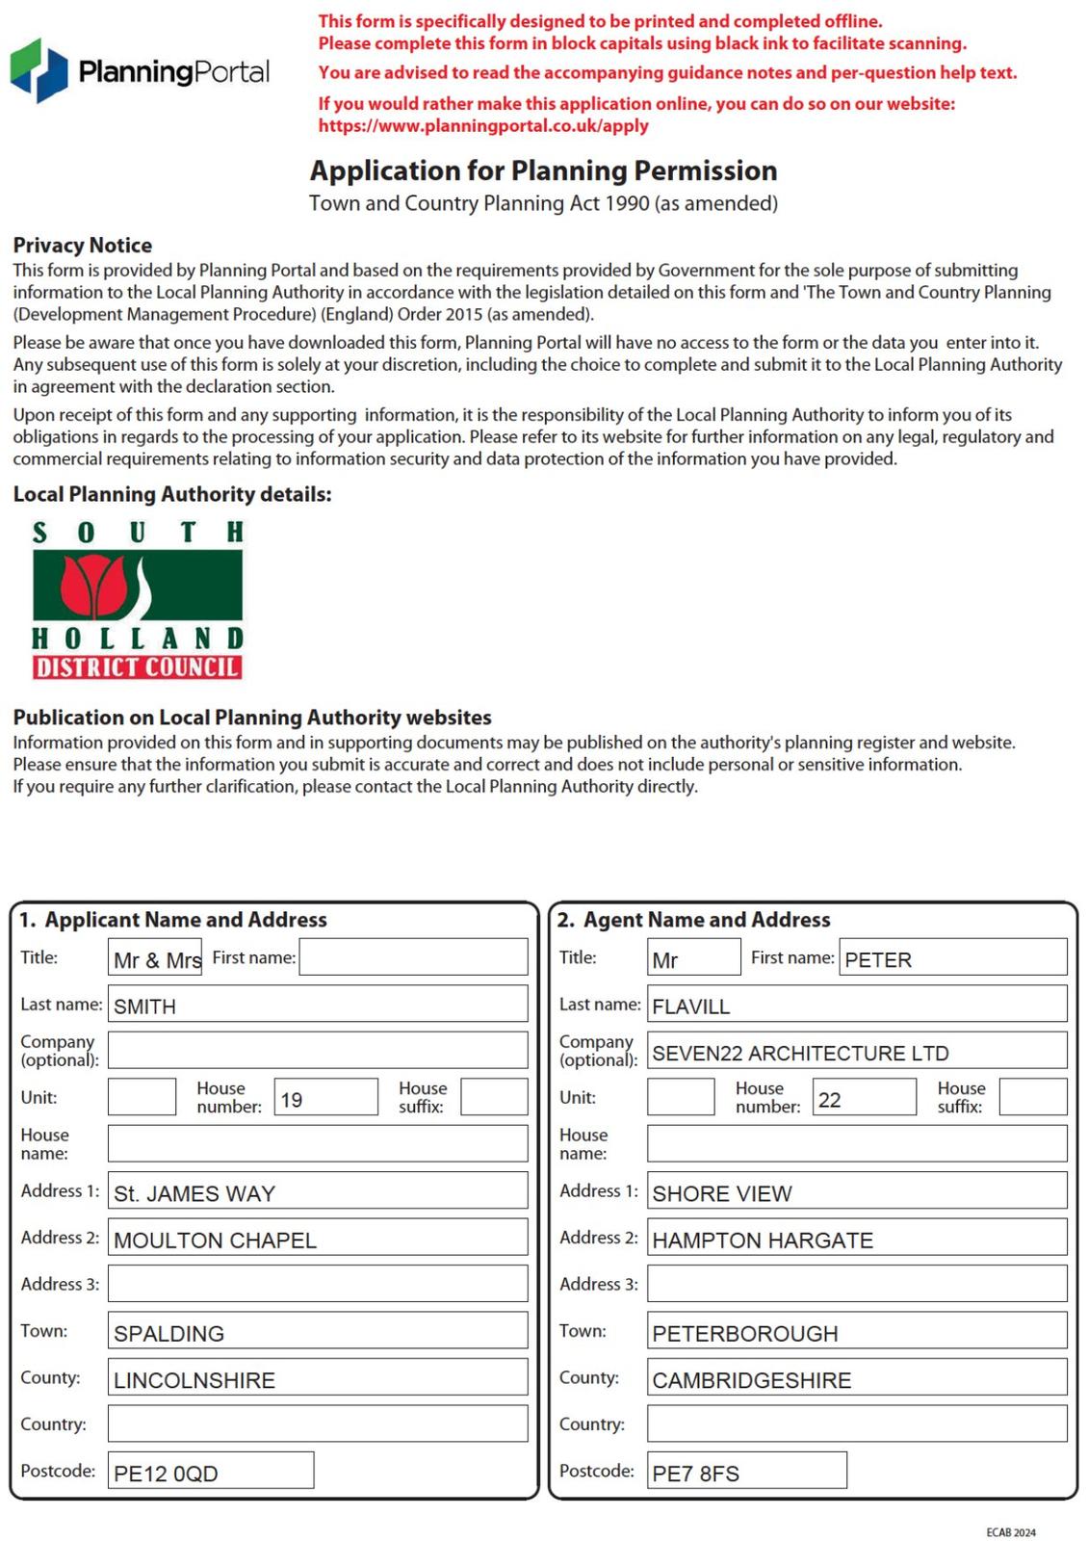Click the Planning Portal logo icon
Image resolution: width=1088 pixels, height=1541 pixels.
pos(39,70)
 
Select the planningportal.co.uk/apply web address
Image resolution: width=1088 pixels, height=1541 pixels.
pos(483,125)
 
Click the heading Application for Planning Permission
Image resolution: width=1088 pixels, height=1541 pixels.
pos(543,170)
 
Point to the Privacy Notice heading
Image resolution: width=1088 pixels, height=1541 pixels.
pos(82,245)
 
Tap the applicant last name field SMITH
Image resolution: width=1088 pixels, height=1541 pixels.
pos(318,1005)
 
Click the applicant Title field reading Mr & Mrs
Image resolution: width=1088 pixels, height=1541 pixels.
pos(155,958)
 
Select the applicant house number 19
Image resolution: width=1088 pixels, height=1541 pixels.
pos(325,1098)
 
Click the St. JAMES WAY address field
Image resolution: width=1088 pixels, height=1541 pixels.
pos(318,1191)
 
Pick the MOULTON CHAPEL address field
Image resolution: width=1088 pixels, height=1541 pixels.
pos(318,1239)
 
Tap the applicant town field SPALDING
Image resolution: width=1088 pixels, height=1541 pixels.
pos(318,1332)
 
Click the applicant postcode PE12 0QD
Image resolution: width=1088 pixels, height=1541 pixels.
pos(211,1472)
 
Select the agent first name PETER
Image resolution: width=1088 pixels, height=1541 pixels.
pos(952,958)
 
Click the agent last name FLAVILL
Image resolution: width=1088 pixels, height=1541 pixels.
pos(857,1005)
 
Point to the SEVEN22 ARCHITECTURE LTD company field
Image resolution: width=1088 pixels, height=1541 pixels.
pos(857,1052)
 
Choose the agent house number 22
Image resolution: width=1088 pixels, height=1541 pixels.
pos(864,1098)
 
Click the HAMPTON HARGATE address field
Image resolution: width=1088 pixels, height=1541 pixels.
pos(857,1239)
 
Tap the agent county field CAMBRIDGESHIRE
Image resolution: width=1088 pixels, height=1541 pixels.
pos(857,1379)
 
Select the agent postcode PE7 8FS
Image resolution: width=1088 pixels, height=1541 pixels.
pos(746,1472)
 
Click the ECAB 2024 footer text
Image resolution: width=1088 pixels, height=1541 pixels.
pos(1011,1532)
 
